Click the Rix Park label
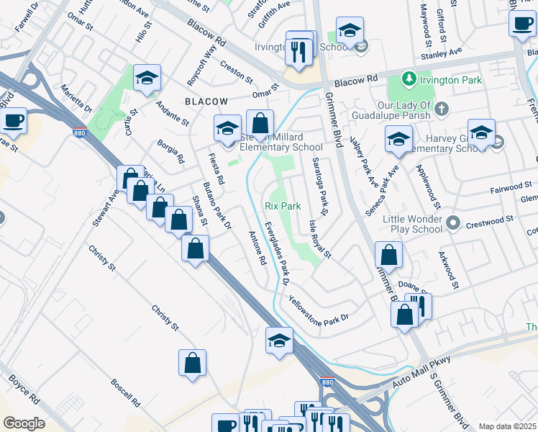coord(282,206)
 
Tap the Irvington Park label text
coord(450,80)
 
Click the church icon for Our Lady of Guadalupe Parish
coord(442,109)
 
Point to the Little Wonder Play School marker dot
coord(453,223)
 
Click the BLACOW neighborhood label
coord(206,102)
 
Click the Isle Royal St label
coord(320,239)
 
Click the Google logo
coord(24,423)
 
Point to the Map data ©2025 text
coord(507,426)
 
